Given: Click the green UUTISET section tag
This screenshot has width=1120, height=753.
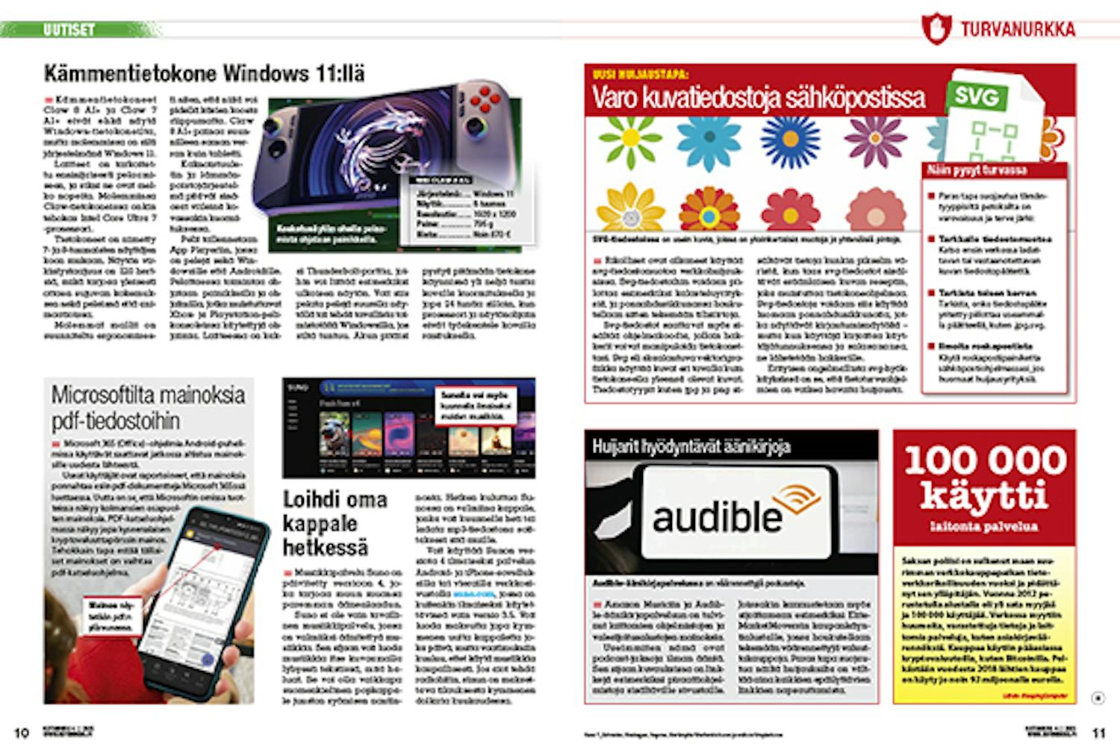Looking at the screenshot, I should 69,30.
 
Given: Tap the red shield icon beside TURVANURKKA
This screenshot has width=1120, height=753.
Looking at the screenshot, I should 936,28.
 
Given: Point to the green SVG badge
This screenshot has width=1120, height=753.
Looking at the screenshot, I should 977,96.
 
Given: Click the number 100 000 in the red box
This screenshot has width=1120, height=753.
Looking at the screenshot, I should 985,460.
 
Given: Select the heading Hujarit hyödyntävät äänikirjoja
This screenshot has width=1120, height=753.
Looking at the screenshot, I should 691,446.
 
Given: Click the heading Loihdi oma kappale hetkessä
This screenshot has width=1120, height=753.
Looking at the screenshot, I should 334,522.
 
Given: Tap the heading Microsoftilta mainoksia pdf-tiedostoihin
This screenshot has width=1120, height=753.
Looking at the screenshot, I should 148,407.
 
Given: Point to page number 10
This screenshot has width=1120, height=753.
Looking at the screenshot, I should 22,733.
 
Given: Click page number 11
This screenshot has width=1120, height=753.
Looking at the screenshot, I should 1098,733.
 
